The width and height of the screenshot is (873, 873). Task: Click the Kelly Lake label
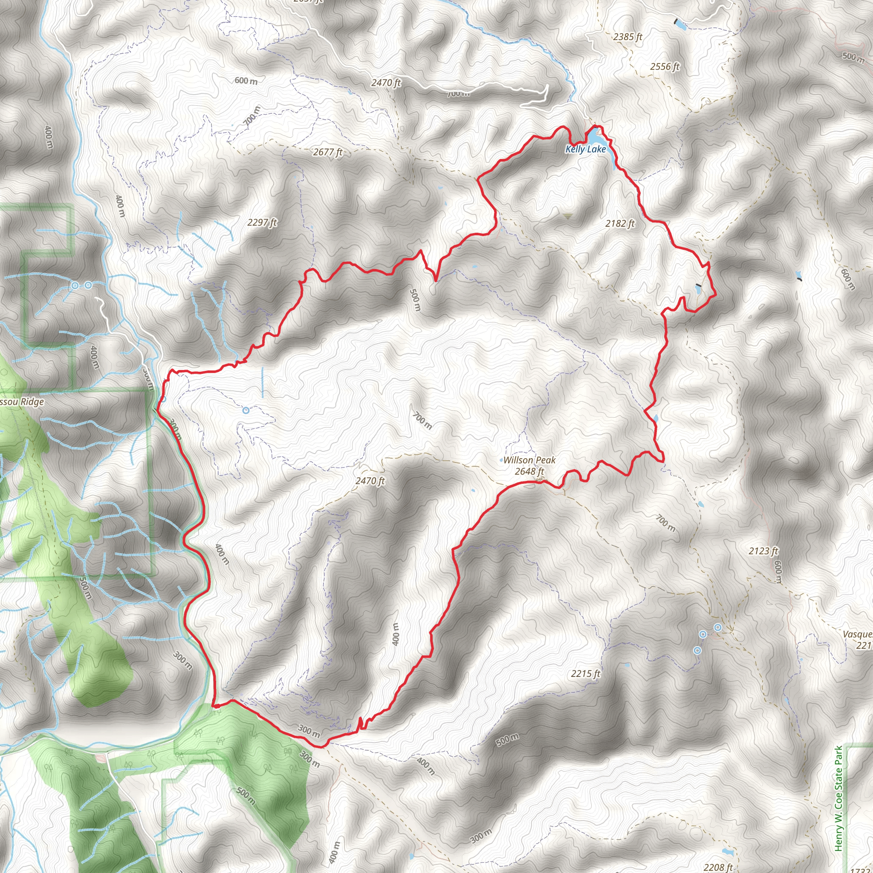tap(585, 149)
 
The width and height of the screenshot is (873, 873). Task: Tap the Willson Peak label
tap(529, 460)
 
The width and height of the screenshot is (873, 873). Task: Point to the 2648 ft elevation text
tap(529, 472)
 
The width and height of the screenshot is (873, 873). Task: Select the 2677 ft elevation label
tap(328, 152)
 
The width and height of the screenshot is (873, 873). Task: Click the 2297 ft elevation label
tap(262, 223)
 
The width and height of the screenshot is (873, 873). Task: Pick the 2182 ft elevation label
tap(620, 223)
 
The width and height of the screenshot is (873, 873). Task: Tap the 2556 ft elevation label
tap(665, 67)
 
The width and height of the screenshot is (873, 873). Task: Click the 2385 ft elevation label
tap(627, 37)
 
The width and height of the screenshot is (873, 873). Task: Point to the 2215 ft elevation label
tap(585, 674)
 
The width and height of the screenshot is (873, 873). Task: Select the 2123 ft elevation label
tap(763, 551)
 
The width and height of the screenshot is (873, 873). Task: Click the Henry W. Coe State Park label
tap(838, 798)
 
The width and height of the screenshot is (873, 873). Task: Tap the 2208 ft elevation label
tap(718, 867)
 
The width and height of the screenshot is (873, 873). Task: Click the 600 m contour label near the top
tap(246, 81)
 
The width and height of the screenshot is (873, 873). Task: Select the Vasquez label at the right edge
tap(858, 634)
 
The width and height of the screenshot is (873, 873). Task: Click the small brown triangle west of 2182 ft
tap(567, 217)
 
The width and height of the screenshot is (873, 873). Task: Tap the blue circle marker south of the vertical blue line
tap(246, 410)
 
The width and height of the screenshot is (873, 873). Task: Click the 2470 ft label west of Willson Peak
tap(370, 481)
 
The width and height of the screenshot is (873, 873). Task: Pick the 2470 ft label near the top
tap(386, 83)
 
